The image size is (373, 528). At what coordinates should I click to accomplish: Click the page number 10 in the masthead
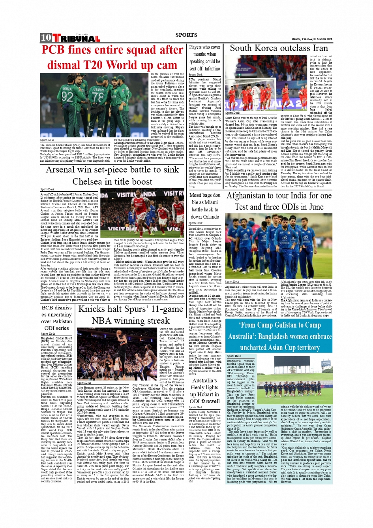pyautogui.click(x=46, y=38)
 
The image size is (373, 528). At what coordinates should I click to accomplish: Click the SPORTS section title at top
pyautogui.click(x=186, y=35)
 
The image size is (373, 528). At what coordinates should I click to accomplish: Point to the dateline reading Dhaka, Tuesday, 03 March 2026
pyautogui.click(x=312, y=39)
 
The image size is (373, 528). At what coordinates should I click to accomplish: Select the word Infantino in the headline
pyautogui.click(x=212, y=68)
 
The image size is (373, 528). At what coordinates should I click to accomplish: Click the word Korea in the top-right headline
pyautogui.click(x=275, y=48)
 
